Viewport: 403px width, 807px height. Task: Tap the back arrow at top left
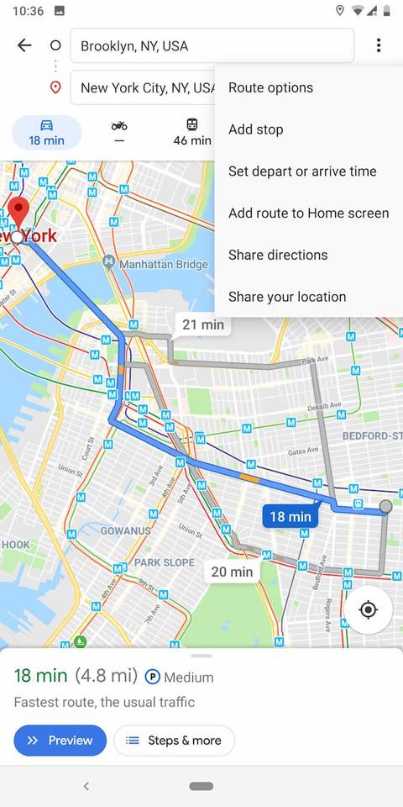(24, 45)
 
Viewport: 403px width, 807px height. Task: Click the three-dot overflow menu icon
(379, 45)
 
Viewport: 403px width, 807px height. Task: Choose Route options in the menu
(270, 87)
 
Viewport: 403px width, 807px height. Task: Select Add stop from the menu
(255, 129)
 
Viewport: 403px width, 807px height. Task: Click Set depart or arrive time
(302, 171)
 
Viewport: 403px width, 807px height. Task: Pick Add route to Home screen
(308, 213)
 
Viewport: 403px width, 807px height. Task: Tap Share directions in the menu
(278, 255)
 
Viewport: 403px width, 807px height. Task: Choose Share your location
(287, 297)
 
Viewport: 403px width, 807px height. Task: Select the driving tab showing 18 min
(46, 133)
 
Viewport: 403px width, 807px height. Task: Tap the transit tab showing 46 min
(192, 133)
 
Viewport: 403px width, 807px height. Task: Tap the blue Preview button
(60, 741)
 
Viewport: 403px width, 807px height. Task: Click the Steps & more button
(174, 741)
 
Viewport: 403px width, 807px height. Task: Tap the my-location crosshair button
(368, 609)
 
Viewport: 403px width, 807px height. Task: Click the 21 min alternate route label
(203, 324)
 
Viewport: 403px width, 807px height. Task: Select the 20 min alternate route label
(231, 572)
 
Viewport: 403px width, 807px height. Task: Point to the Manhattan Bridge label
(163, 264)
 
